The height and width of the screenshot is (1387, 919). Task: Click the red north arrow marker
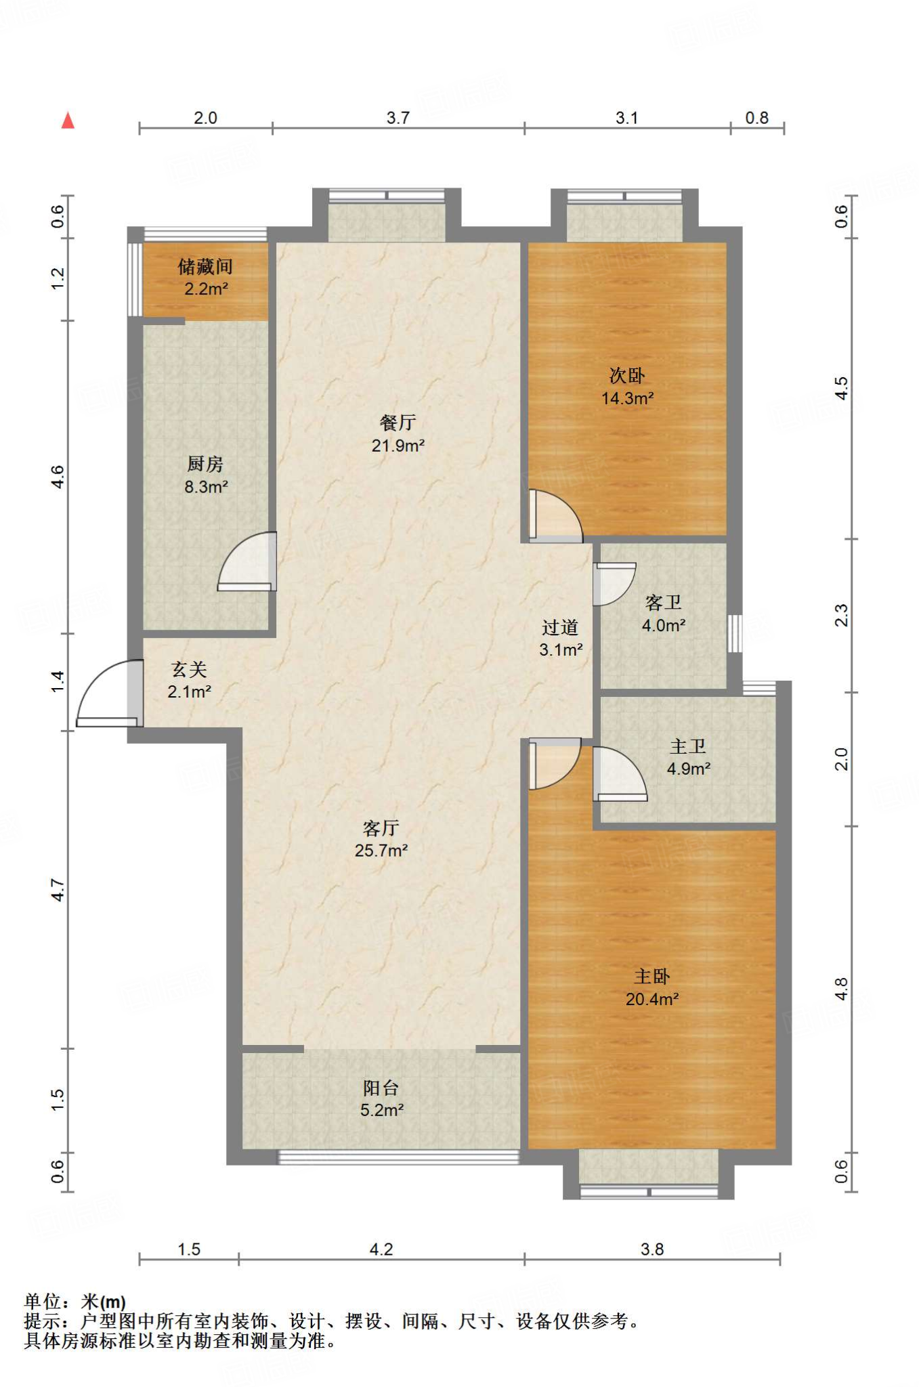click(68, 121)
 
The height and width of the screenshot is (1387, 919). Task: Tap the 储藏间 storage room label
click(205, 267)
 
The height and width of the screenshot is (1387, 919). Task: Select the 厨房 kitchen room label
click(205, 464)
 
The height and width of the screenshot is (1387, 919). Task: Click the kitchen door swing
click(247, 561)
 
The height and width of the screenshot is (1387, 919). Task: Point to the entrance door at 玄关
click(109, 693)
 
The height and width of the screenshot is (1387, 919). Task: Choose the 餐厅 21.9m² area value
click(398, 446)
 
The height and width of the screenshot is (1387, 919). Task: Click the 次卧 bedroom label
click(627, 375)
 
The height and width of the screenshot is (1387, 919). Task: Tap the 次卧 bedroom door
click(555, 516)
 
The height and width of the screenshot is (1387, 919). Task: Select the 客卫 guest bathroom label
click(663, 602)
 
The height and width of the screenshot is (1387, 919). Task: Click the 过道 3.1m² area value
click(561, 650)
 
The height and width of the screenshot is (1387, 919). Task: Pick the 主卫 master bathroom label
click(688, 746)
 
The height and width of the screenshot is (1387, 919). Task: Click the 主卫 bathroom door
click(620, 773)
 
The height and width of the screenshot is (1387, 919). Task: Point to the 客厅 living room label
click(381, 828)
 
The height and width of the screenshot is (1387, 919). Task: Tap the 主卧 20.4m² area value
click(652, 999)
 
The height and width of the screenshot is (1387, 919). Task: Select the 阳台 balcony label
click(381, 1088)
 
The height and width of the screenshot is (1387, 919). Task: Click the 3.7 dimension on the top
click(398, 118)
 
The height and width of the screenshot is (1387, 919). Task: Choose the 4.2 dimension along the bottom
click(381, 1249)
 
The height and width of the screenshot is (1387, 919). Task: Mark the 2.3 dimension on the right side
click(840, 615)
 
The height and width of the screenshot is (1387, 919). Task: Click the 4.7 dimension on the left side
click(58, 890)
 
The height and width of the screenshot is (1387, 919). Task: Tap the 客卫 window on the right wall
click(735, 633)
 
